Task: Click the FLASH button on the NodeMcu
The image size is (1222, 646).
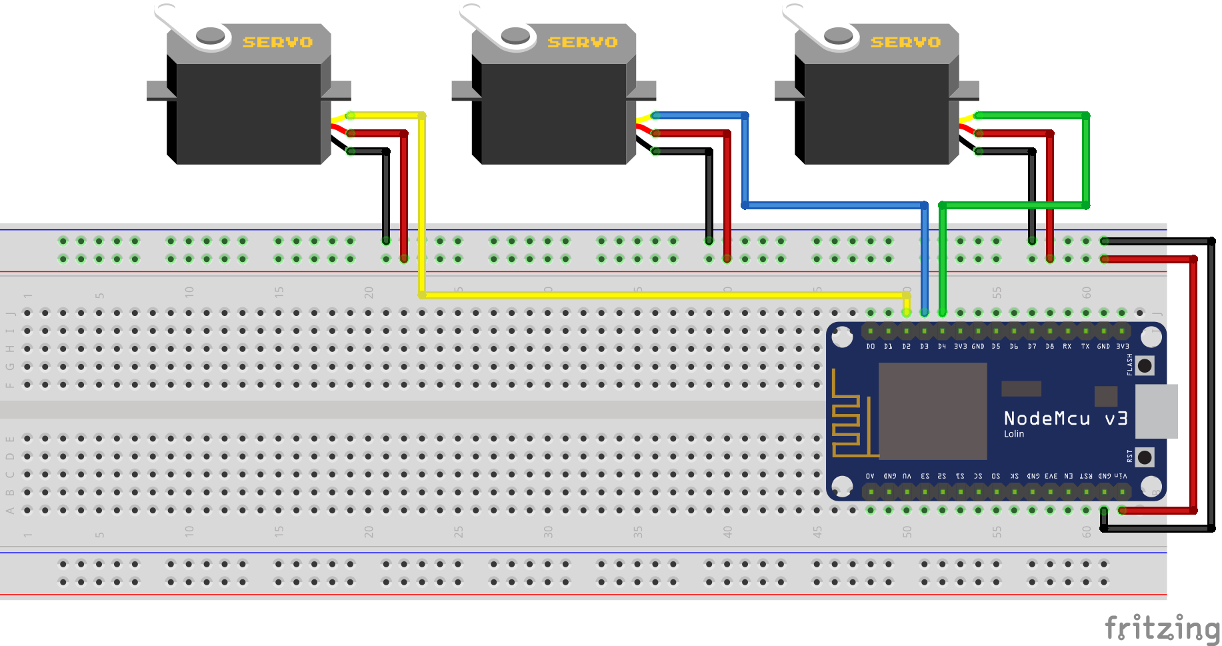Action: (x=1145, y=365)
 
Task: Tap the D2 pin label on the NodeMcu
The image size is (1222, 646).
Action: (x=906, y=347)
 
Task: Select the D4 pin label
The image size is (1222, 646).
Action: (x=942, y=347)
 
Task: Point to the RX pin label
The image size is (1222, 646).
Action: (x=1067, y=347)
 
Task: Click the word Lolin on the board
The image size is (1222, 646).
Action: (x=1014, y=434)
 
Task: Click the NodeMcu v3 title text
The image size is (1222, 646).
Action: (x=1065, y=419)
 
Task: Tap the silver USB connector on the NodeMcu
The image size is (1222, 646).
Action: (x=1156, y=411)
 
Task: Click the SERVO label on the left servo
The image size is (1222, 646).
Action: (x=277, y=43)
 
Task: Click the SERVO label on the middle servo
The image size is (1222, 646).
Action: (x=582, y=43)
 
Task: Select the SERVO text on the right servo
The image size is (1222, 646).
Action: (x=905, y=43)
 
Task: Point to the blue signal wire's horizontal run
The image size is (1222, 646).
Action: (x=833, y=205)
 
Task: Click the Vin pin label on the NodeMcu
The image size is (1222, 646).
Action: (x=1121, y=476)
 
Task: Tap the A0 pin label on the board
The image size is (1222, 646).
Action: (x=870, y=476)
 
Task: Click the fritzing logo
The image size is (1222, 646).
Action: (x=1161, y=628)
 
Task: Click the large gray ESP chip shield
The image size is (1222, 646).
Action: (x=932, y=411)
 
